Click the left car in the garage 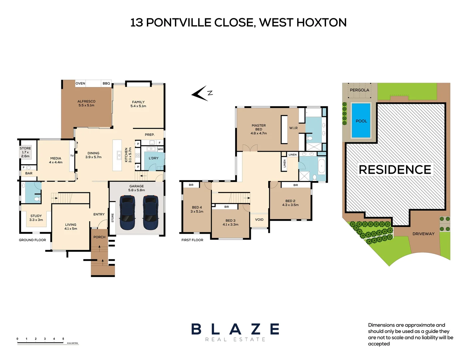pos(127,213)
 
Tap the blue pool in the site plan pos(361,121)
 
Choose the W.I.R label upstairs pos(293,128)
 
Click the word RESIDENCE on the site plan pos(395,170)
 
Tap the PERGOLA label pos(359,90)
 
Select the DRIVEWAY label pos(423,234)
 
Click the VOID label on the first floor pos(259,220)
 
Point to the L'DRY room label pos(154,158)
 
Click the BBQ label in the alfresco pos(106,83)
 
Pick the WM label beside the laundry pos(160,149)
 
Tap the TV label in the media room pos(72,156)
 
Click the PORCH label pos(99,237)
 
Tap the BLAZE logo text pos(235,329)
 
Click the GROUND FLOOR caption pos(32,240)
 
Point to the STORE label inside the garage pos(113,218)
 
